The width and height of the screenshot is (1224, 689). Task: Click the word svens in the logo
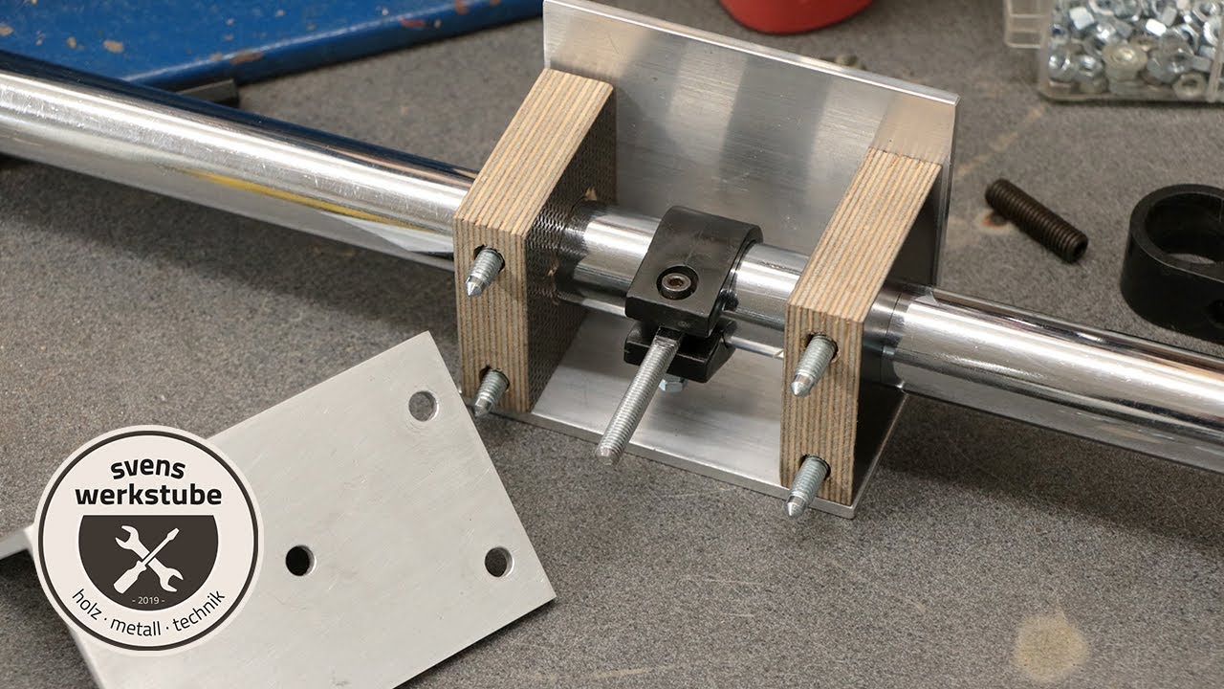pyautogui.click(x=147, y=469)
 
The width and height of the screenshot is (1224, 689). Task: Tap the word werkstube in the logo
pyautogui.click(x=148, y=495)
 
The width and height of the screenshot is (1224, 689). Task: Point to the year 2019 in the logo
pyautogui.click(x=148, y=600)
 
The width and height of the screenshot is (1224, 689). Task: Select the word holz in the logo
pyautogui.click(x=87, y=606)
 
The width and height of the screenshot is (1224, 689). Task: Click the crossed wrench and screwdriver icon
pyautogui.click(x=148, y=560)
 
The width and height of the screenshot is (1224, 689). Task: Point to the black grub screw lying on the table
pyautogui.click(x=1036, y=220)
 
